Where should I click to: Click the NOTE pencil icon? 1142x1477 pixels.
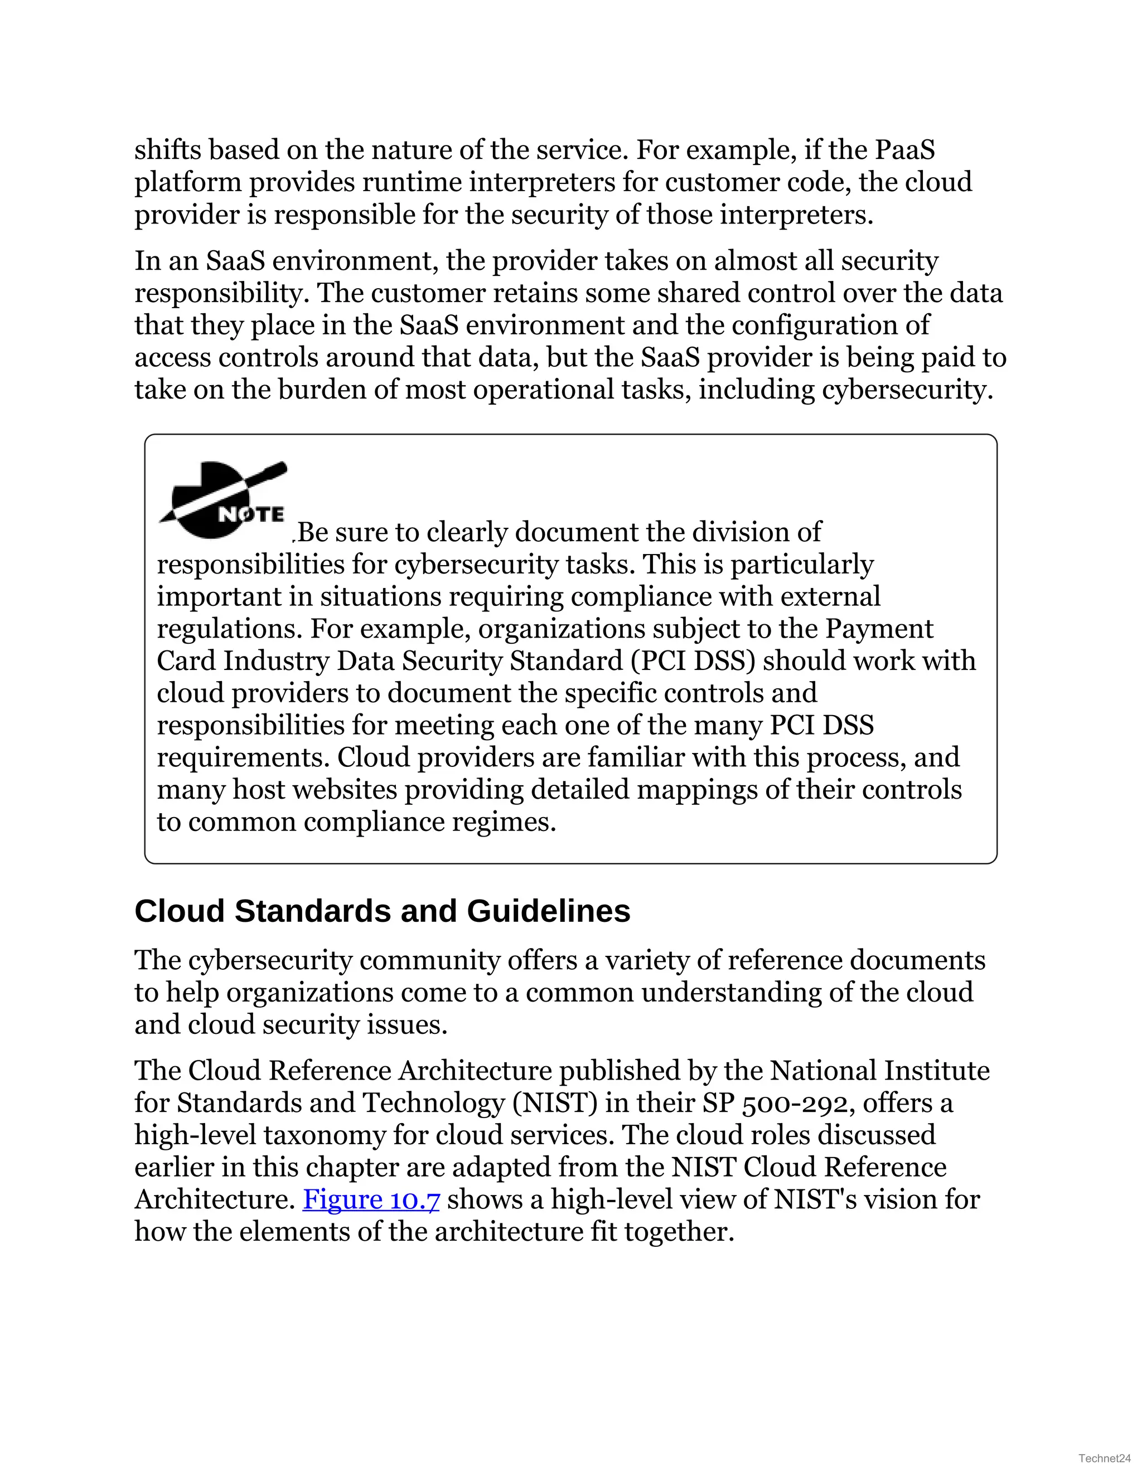[223, 501]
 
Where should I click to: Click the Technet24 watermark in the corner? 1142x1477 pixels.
[1104, 1457]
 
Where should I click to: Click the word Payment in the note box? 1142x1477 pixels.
[879, 629]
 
